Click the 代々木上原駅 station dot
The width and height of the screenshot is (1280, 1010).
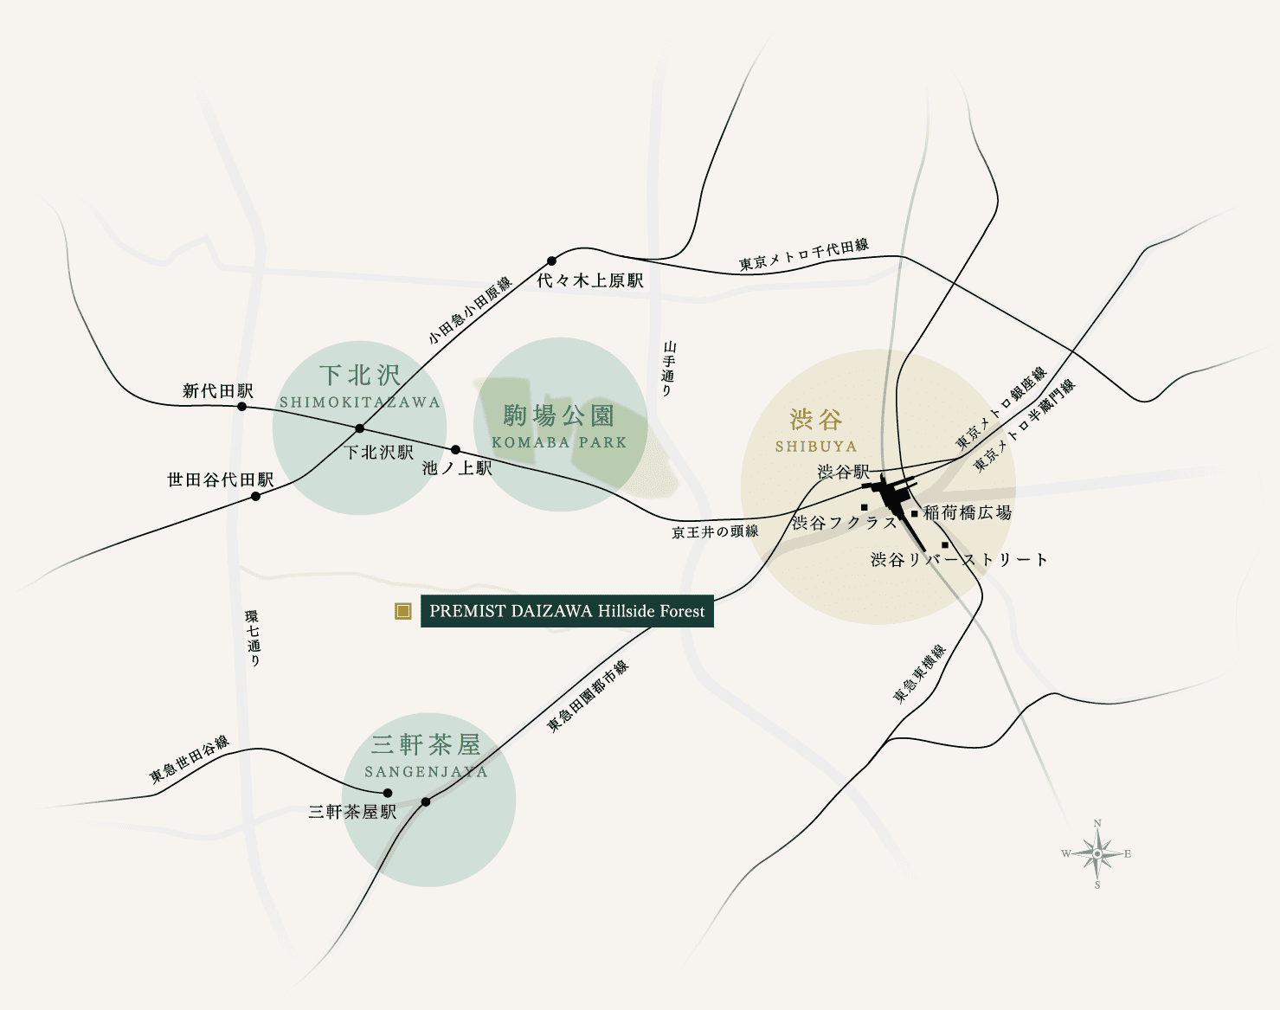551,261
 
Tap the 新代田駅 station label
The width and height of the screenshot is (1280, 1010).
218,391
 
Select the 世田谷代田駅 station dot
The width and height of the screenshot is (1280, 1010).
255,496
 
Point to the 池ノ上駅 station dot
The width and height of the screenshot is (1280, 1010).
456,449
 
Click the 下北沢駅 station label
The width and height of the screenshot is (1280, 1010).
379,452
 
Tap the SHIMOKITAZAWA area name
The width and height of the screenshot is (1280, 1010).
360,402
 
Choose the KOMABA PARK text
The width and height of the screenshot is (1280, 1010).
559,442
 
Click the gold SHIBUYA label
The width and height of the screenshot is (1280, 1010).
816,447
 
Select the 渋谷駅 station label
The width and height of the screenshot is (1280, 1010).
843,472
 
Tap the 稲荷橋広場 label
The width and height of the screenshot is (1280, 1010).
968,512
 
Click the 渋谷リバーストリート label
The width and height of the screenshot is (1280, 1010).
959,560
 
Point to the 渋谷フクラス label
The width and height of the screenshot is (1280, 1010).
845,523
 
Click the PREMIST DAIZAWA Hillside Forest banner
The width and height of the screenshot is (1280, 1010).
567,611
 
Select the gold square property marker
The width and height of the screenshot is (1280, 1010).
402,611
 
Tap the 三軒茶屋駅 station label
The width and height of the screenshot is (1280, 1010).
352,812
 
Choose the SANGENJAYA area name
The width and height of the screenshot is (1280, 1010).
426,772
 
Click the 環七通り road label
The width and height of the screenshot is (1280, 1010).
253,638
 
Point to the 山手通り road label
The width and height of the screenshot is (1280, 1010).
667,369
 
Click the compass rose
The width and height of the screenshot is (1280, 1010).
1097,854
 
